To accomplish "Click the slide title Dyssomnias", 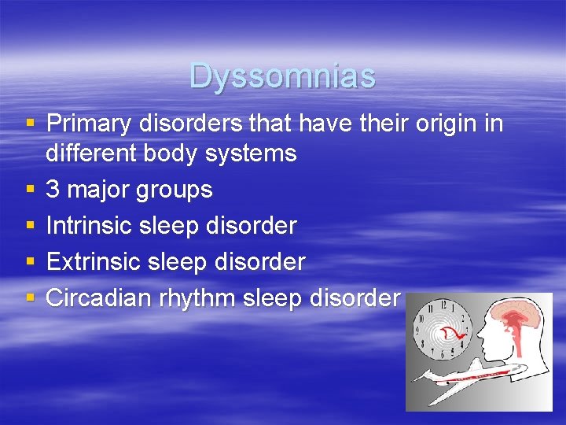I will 282,76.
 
